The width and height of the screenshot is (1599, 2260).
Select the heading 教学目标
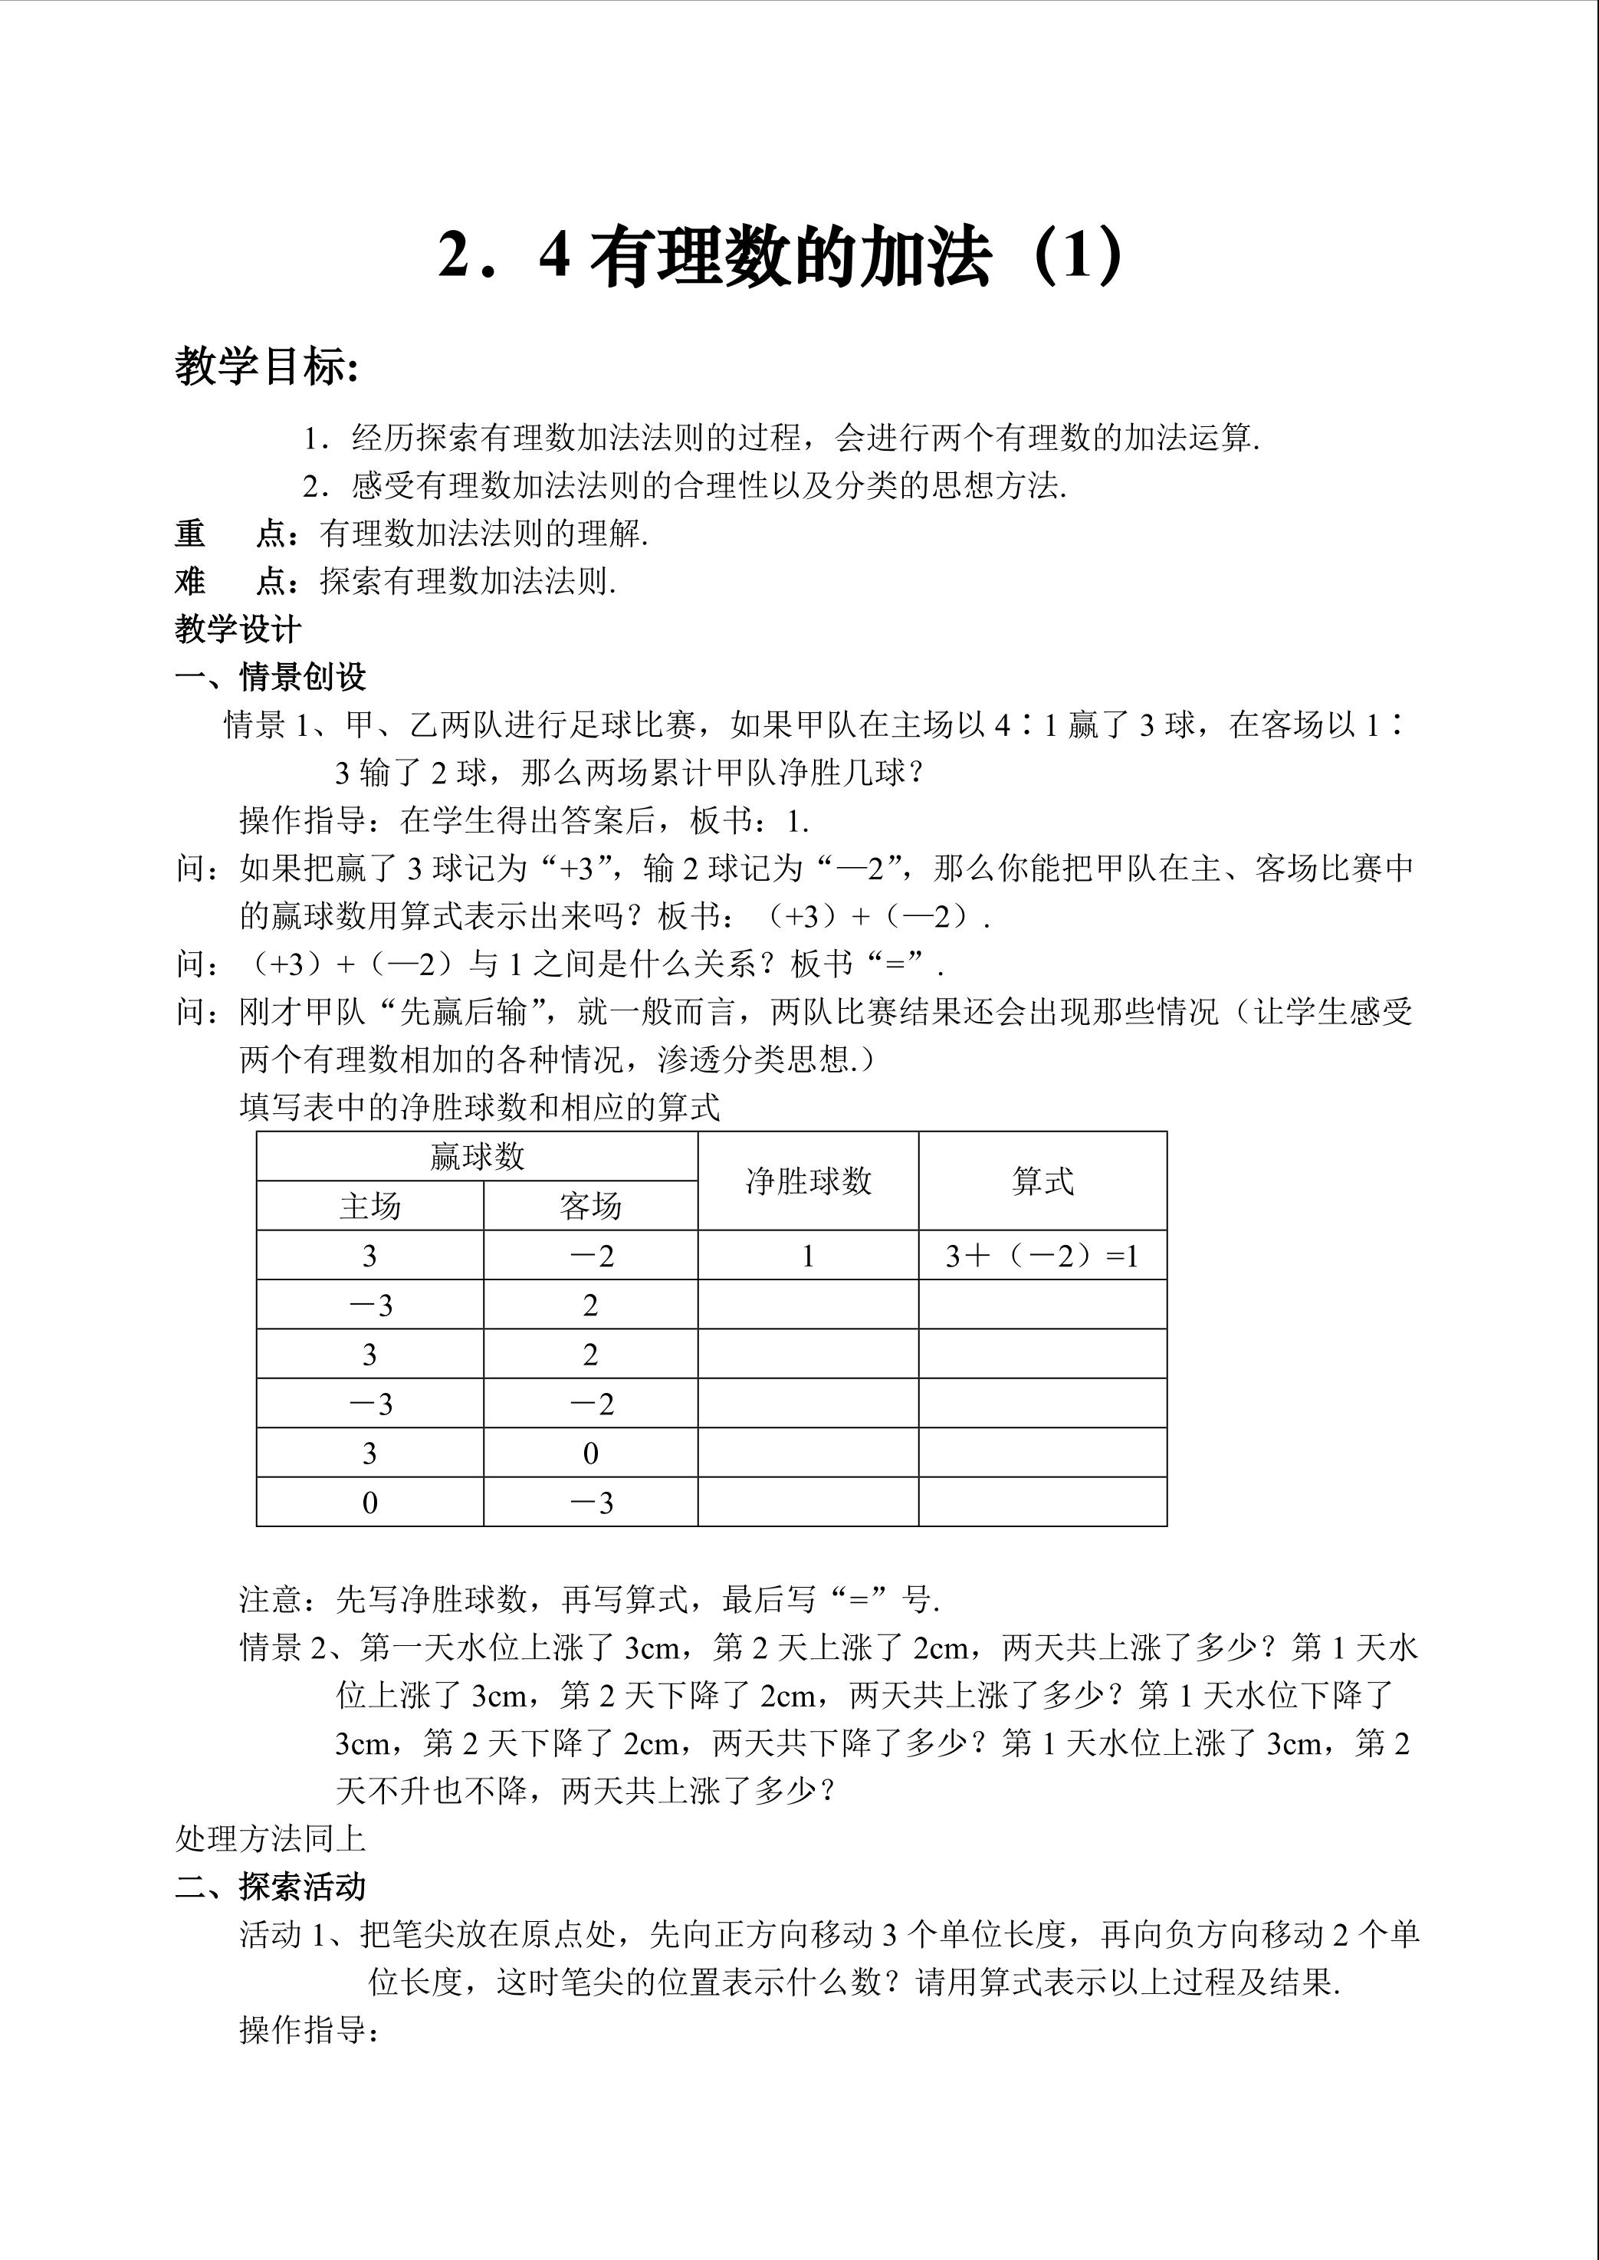coord(266,367)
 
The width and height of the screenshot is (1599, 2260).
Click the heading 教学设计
coord(238,629)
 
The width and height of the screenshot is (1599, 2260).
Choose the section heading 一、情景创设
coord(271,678)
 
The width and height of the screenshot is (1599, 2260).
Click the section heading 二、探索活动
coord(271,1887)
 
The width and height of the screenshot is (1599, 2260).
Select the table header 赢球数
coord(477,1156)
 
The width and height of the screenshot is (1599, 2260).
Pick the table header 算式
coord(1042,1181)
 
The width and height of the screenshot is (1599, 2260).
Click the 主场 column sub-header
coord(369,1205)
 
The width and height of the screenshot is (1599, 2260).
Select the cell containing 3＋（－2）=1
coord(1042,1256)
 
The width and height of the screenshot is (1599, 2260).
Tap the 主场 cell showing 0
coord(369,1503)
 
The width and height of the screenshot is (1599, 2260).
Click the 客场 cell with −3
coord(592,1503)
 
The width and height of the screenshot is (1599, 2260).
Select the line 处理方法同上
coord(270,1838)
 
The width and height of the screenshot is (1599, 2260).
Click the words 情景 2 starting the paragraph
coord(281,1647)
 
